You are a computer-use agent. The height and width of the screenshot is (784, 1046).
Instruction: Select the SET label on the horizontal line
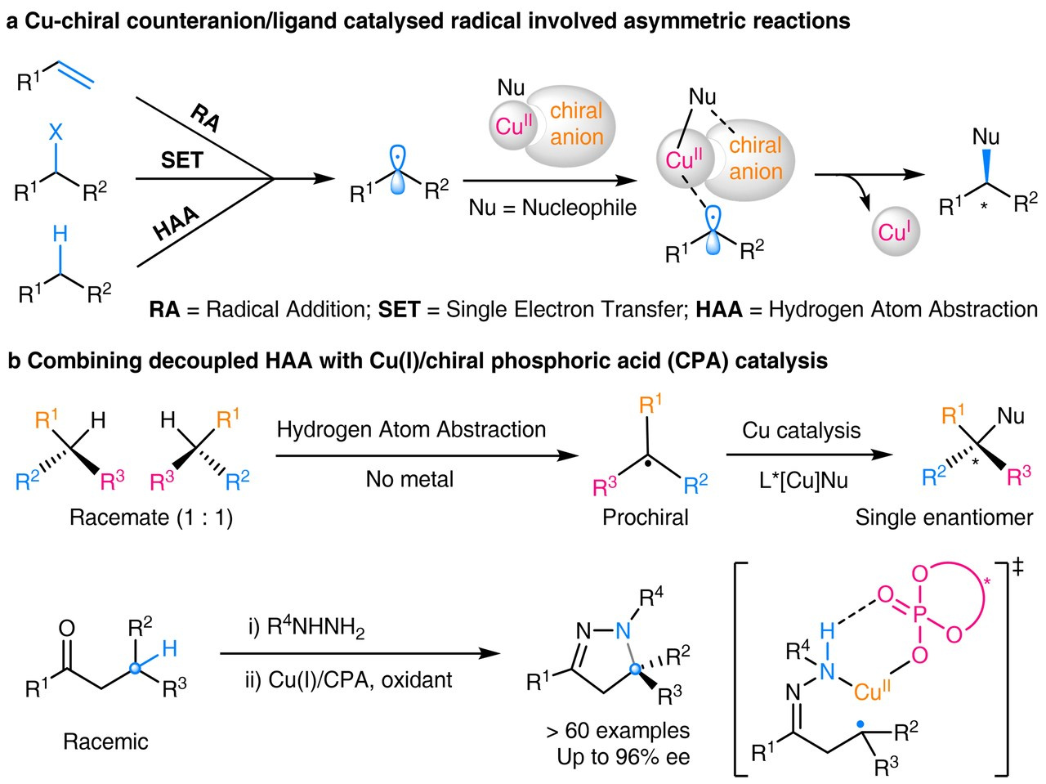[181, 160]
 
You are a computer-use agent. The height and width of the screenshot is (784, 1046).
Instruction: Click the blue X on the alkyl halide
[56, 131]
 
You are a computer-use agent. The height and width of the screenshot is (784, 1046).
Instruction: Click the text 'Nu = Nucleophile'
[552, 208]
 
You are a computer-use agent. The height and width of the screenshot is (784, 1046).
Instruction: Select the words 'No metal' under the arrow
[409, 479]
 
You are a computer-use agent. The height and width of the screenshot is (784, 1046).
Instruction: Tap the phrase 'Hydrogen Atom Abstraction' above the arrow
[411, 430]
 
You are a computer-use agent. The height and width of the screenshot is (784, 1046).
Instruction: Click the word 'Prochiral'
[646, 517]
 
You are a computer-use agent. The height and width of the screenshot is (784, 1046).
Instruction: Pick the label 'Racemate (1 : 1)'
[151, 517]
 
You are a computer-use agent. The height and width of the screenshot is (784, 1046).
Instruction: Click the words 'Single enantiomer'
[944, 517]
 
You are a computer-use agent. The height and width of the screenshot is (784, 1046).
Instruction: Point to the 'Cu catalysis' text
[801, 430]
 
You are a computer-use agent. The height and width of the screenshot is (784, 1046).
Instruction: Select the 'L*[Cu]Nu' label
[801, 480]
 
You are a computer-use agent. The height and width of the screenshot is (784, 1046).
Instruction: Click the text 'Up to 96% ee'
[624, 756]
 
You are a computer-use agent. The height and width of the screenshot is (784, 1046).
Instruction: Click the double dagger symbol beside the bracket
[1017, 567]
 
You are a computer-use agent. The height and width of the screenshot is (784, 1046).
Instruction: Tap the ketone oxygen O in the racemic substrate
[67, 628]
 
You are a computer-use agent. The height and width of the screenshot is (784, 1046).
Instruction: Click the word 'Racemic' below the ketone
[106, 741]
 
